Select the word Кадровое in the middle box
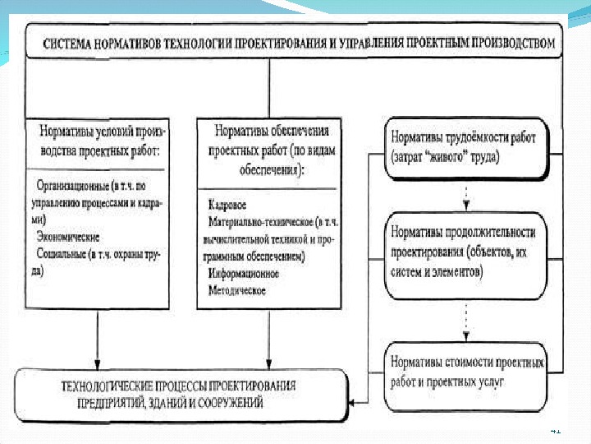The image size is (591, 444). pos(228,204)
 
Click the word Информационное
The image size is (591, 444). pos(245,273)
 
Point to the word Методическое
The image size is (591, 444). pos(238,290)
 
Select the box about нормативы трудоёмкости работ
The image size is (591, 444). pos(465,147)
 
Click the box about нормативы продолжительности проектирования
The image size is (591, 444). pos(465,252)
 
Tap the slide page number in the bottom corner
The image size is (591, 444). pos(555,429)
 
